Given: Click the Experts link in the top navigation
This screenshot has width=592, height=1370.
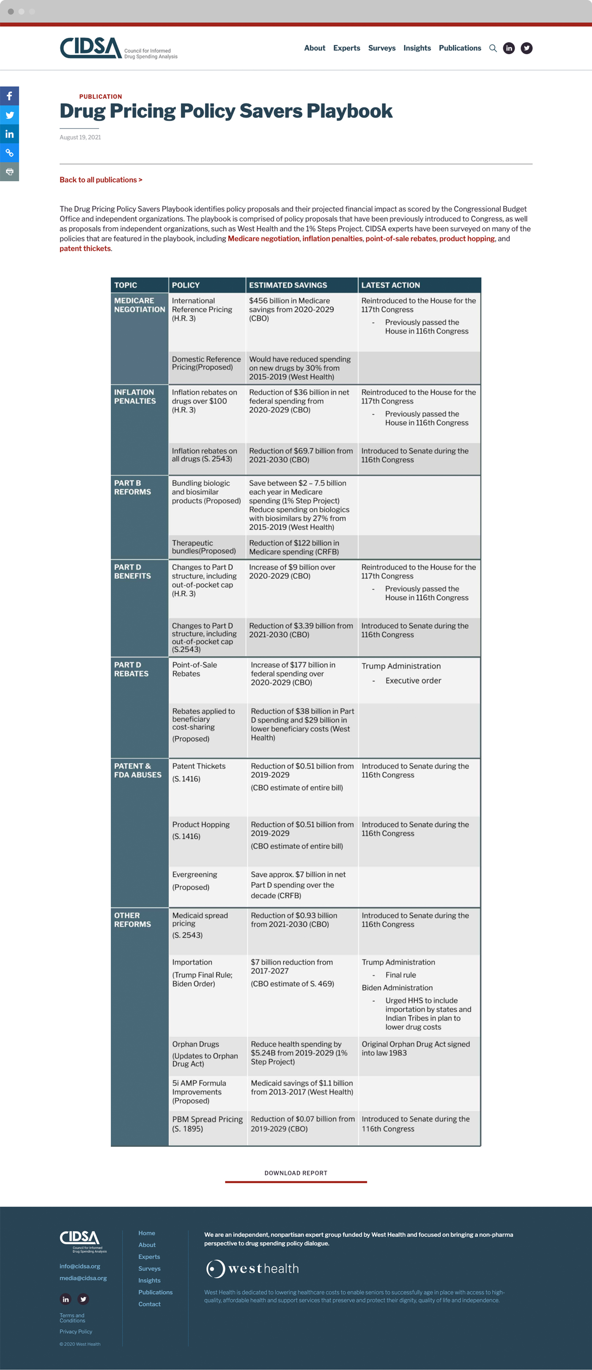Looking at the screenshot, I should tap(346, 48).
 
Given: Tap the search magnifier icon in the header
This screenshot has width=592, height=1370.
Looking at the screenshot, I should tap(493, 48).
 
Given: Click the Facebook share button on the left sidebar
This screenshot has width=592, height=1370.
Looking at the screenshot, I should tap(10, 96).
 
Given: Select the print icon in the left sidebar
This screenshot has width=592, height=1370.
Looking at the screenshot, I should tap(10, 172).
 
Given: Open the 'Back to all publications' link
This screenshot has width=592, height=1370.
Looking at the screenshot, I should tap(101, 180).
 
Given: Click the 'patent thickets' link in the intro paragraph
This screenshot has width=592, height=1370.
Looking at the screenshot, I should tap(85, 249).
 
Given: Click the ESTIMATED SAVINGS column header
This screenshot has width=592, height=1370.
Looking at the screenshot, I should tap(288, 285).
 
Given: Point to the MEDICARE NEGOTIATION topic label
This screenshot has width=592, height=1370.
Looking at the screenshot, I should tap(139, 305).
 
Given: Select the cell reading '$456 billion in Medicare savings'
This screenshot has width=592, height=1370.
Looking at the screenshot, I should tap(291, 309).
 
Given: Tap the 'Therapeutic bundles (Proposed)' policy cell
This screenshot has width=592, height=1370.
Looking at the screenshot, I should tap(203, 547).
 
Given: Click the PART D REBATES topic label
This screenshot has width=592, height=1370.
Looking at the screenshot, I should tap(131, 669).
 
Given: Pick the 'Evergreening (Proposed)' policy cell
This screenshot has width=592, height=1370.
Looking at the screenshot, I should tap(195, 880).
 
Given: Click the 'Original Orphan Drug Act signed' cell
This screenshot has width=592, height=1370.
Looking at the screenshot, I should tap(416, 1048).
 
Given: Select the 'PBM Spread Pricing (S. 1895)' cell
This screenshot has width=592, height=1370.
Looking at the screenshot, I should tap(207, 1123).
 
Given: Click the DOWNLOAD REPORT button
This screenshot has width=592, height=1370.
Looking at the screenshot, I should tap(296, 1173).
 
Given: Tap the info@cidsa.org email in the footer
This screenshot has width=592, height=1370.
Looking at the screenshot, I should tap(80, 1266).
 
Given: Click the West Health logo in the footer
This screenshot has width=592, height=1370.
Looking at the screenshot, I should tap(253, 1268).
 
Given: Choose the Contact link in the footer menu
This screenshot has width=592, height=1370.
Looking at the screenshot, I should tap(149, 1304).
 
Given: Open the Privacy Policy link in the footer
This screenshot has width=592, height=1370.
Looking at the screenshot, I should tap(76, 1332).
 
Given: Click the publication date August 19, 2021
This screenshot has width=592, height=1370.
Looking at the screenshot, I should tap(80, 137).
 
